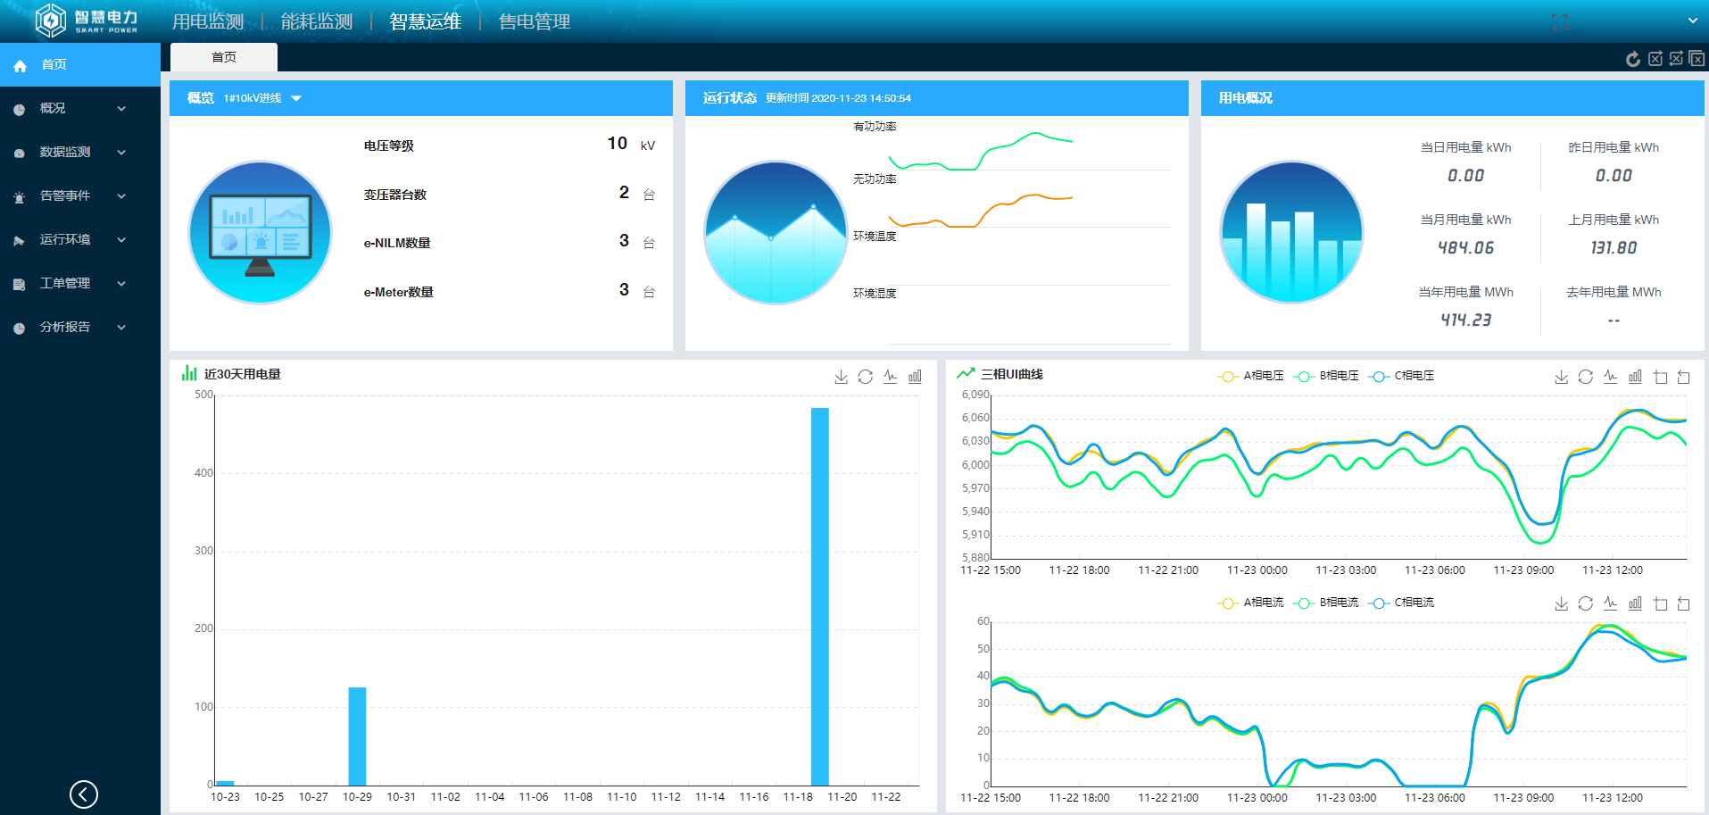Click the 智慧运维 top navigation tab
(x=425, y=21)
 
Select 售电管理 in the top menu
(x=534, y=21)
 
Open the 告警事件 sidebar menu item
(x=65, y=195)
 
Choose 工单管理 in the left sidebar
(x=65, y=283)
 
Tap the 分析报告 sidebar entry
(x=65, y=327)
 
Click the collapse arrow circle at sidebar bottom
(x=84, y=794)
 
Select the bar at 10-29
(x=357, y=736)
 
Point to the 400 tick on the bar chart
(x=204, y=473)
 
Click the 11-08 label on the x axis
(x=577, y=796)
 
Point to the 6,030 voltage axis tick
(x=975, y=441)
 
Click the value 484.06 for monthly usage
(x=1465, y=248)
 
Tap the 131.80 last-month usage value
(x=1614, y=248)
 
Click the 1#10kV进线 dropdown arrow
(x=296, y=98)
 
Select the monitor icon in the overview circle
(x=260, y=232)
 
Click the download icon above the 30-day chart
(x=841, y=377)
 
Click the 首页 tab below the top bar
(x=224, y=57)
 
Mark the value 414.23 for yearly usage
(x=1465, y=320)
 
